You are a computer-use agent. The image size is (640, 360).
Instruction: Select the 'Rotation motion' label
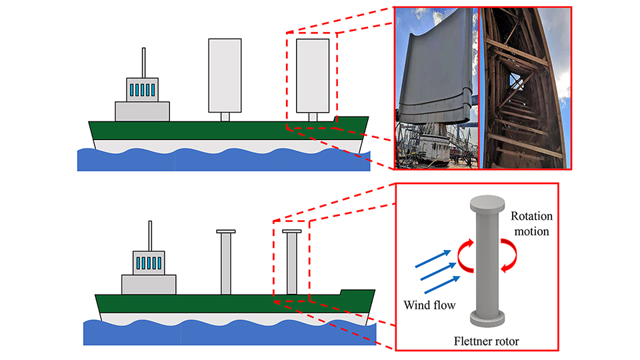coord(531,224)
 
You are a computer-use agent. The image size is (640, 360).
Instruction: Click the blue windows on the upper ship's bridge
coord(142,89)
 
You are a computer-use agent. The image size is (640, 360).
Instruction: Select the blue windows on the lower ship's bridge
coord(149,263)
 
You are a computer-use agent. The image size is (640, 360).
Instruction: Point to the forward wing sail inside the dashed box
coord(313,75)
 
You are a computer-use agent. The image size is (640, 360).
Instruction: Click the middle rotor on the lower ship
coord(226,263)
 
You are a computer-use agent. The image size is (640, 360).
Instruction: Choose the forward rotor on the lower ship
coord(291,263)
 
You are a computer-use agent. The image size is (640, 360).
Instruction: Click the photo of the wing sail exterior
coord(437,87)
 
